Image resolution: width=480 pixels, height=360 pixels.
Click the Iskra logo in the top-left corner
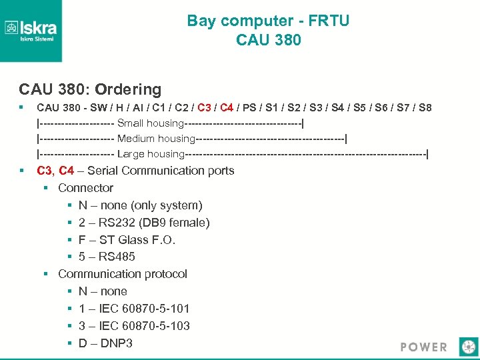point(31,30)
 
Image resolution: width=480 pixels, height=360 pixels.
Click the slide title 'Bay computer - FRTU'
point(268,21)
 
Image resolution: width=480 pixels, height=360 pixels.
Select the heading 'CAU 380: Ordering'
point(90,89)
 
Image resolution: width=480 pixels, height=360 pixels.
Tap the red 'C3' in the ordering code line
point(204,107)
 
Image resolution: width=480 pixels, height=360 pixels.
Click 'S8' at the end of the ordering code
point(424,107)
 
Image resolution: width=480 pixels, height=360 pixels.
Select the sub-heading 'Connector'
point(85,188)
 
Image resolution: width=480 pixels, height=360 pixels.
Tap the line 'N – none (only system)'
point(140,205)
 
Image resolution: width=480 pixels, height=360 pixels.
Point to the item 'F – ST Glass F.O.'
point(127,240)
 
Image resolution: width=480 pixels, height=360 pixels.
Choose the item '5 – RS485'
point(107,257)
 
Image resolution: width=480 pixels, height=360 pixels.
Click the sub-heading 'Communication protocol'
point(122,274)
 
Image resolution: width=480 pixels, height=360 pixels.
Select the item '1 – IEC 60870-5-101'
point(134,309)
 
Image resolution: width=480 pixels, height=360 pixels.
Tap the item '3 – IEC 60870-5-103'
point(134,326)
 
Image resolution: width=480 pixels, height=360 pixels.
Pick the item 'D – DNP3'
point(105,343)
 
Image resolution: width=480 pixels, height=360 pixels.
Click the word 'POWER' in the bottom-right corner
point(423,347)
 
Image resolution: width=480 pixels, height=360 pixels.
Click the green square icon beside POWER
point(469,347)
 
